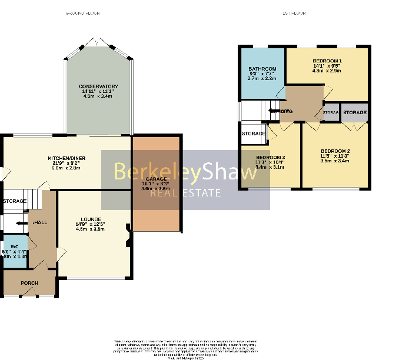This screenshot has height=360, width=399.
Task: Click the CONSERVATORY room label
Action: [98, 86]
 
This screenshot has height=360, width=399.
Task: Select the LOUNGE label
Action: [91, 219]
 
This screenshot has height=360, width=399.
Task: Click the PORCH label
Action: [29, 283]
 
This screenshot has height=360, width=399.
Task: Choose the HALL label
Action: [41, 222]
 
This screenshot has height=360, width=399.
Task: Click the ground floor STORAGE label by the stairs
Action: [14, 201]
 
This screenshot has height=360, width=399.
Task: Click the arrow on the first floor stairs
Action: [272, 109]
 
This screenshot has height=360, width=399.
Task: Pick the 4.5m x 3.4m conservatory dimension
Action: [98, 96]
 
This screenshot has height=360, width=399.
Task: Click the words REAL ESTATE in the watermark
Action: [185, 192]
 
